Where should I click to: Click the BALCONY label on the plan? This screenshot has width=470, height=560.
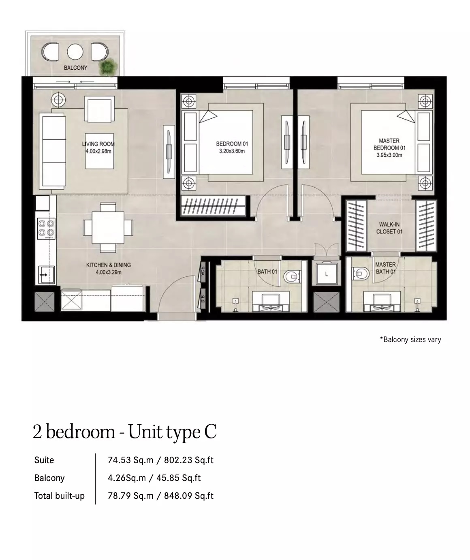pyautogui.click(x=75, y=68)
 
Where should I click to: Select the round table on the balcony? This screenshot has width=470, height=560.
pyautogui.click(x=75, y=52)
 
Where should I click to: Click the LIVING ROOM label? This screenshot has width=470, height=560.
pyautogui.click(x=98, y=144)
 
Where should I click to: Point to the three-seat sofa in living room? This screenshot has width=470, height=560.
pyautogui.click(x=53, y=151)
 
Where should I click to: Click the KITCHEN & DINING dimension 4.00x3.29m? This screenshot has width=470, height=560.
pyautogui.click(x=108, y=272)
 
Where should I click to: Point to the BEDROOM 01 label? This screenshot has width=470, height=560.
pyautogui.click(x=232, y=144)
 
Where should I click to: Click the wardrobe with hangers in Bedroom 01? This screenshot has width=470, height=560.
pyautogui.click(x=213, y=206)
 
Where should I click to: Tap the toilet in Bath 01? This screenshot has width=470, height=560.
pyautogui.click(x=292, y=277)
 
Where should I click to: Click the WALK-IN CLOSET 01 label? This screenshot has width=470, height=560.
pyautogui.click(x=389, y=228)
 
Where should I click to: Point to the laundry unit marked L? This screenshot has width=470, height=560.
pyautogui.click(x=327, y=274)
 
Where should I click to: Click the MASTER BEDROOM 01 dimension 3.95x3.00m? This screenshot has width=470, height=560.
pyautogui.click(x=389, y=155)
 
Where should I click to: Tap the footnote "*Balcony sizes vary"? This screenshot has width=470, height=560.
pyautogui.click(x=410, y=340)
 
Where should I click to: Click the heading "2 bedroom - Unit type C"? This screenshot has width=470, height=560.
pyautogui.click(x=125, y=432)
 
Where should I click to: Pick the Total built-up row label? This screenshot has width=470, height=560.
pyautogui.click(x=60, y=496)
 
